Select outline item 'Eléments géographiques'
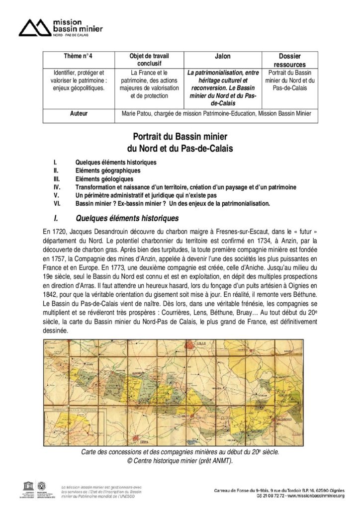coord(107,170)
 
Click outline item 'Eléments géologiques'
coord(104,178)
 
